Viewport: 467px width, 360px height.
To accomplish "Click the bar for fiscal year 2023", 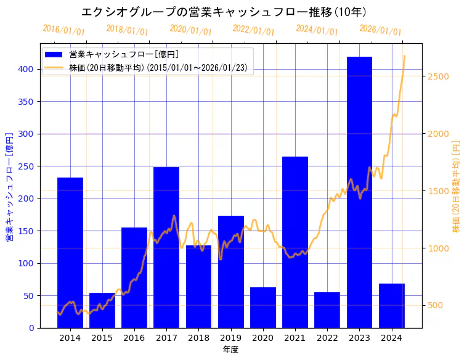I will (x=359, y=192).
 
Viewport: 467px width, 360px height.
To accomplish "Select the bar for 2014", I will (x=70, y=252).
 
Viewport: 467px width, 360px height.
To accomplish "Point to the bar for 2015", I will (x=102, y=310).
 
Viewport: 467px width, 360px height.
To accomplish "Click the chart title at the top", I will (x=224, y=12).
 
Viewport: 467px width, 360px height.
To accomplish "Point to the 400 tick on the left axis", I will (x=26, y=69).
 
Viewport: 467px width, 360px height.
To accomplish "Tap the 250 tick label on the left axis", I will (x=26, y=166).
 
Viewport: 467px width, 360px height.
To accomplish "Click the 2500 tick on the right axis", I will (x=436, y=76).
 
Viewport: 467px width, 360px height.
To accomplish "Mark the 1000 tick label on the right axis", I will (x=436, y=248).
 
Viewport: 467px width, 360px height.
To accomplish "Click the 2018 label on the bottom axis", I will (x=198, y=337).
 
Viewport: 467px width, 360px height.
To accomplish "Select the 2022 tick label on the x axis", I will (x=327, y=337).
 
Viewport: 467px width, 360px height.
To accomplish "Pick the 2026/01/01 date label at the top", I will (x=380, y=30).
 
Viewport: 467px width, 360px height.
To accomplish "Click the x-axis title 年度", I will (x=230, y=349).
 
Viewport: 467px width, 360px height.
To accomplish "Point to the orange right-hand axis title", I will (x=456, y=186).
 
